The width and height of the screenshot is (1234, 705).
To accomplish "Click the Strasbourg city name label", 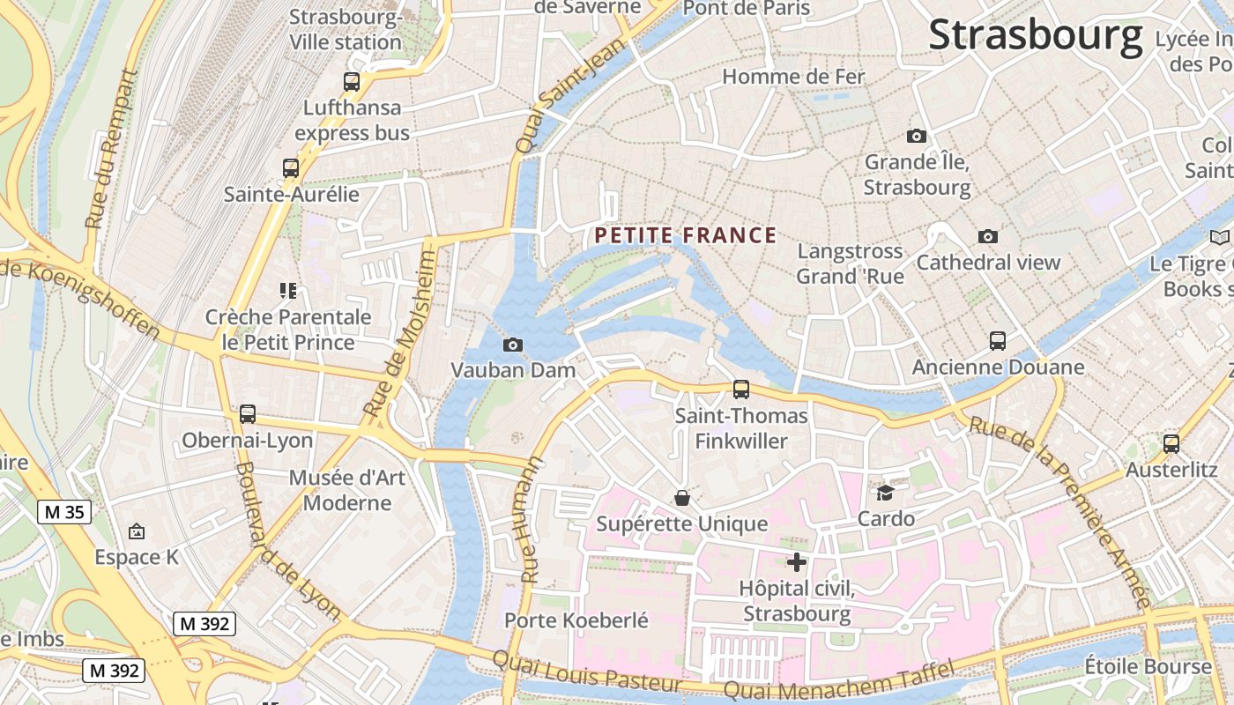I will [x=1035, y=36].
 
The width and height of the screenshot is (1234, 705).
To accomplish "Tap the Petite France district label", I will [x=686, y=235].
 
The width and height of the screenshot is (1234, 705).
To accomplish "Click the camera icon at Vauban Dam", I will [x=512, y=345].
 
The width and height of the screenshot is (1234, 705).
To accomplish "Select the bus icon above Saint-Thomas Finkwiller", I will [x=741, y=389].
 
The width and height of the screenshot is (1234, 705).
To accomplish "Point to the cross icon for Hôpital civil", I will [x=797, y=562].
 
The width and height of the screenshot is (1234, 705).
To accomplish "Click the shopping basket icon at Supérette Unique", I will [x=682, y=498].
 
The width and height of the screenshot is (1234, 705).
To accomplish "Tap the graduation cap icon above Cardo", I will [x=885, y=493].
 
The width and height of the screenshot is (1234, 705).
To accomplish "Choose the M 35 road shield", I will [x=64, y=511].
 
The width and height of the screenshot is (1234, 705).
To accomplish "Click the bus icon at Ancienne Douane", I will [x=998, y=340].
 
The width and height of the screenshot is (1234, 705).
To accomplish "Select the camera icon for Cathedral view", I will [x=988, y=236].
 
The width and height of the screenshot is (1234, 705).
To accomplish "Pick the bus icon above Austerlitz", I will [x=1171, y=443].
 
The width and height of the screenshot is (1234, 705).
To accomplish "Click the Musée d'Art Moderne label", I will [x=347, y=490].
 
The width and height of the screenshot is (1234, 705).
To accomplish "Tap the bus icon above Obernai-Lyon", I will [x=248, y=413].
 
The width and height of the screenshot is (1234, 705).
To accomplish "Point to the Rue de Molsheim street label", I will [x=400, y=334].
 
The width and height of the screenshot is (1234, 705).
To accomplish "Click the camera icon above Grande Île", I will [x=917, y=136].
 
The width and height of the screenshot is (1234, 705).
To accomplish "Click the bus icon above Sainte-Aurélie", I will [x=291, y=167].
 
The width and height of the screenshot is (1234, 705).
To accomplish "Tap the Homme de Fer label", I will [x=793, y=77].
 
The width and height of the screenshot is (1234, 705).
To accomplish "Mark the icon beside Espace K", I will [x=137, y=531].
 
